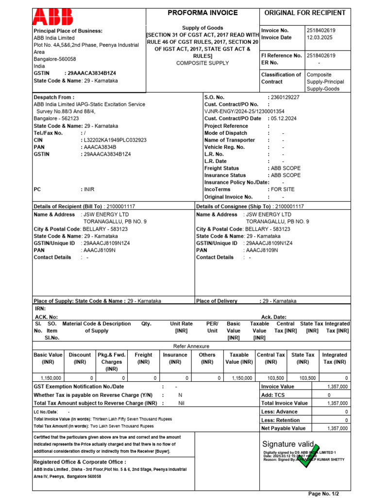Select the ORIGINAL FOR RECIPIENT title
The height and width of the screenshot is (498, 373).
click(304, 13)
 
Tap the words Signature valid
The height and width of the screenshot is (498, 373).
click(288, 444)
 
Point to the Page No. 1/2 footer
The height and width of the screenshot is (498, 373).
click(324, 494)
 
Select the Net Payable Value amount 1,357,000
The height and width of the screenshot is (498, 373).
click(337, 428)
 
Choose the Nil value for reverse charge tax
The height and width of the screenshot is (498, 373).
click(181, 403)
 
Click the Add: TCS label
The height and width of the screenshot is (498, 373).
click(273, 395)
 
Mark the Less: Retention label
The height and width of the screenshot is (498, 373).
click(280, 420)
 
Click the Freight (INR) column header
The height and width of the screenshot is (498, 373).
click(143, 358)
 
